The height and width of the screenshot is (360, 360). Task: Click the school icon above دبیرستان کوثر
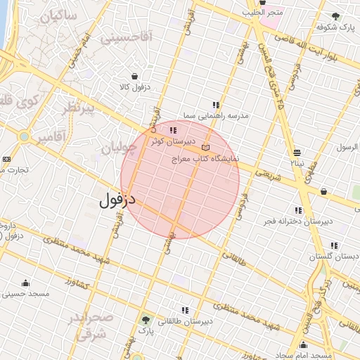173,130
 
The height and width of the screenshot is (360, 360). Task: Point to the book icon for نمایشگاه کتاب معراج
205,147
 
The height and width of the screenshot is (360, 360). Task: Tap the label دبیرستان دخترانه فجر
297,221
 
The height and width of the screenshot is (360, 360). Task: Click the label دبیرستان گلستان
340,256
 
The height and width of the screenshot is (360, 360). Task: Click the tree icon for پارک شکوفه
336,16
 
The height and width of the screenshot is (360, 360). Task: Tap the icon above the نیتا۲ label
297,152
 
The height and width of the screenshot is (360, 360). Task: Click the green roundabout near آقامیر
25,136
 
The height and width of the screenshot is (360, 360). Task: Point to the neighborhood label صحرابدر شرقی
90,326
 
